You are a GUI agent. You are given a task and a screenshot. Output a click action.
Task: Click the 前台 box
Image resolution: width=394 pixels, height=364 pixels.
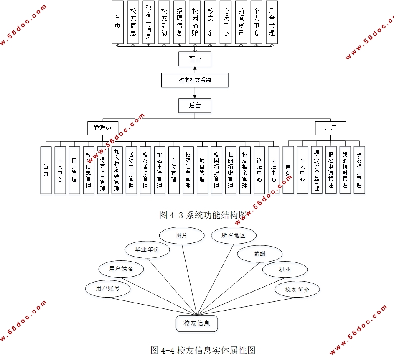(195, 59)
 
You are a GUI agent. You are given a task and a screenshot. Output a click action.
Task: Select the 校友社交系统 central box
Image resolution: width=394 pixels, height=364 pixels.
(195, 80)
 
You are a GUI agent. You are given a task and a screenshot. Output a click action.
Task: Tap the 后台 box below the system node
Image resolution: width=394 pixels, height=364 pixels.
(195, 105)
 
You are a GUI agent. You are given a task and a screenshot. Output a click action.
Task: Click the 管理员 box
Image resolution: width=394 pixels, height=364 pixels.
(102, 128)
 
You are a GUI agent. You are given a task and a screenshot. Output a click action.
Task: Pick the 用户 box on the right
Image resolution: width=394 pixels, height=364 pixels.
(330, 128)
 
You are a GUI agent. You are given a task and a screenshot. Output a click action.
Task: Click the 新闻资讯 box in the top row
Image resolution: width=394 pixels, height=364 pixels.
(241, 23)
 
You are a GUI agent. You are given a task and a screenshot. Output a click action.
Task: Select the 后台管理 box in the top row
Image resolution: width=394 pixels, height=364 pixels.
(272, 23)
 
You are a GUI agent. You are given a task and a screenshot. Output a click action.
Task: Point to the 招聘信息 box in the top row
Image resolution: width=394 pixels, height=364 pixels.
(180, 23)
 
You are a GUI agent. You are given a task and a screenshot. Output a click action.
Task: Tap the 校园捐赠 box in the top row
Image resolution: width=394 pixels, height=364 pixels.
(195, 23)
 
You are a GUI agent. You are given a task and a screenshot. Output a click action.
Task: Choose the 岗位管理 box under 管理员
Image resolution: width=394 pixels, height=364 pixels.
(174, 170)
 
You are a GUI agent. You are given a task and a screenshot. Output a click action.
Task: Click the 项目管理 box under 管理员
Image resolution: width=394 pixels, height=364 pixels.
(202, 170)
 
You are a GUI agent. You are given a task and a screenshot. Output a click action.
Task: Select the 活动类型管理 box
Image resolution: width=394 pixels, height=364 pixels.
(131, 170)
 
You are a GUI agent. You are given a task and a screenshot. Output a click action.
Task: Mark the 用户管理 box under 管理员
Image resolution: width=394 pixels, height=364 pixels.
(74, 170)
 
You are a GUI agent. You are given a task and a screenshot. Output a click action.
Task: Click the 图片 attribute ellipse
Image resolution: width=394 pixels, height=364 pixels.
(182, 236)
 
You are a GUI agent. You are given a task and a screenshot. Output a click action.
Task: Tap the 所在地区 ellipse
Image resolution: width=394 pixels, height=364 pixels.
(234, 236)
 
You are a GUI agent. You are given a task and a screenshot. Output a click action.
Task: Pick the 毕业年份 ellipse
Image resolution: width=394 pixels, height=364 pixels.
(147, 250)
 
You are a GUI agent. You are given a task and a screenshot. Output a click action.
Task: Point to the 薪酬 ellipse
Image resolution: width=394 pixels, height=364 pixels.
(259, 254)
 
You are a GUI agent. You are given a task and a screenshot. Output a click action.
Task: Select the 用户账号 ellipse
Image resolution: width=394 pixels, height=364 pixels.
(108, 288)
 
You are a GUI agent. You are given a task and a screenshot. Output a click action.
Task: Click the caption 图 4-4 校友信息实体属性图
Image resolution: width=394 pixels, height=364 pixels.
(203, 350)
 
